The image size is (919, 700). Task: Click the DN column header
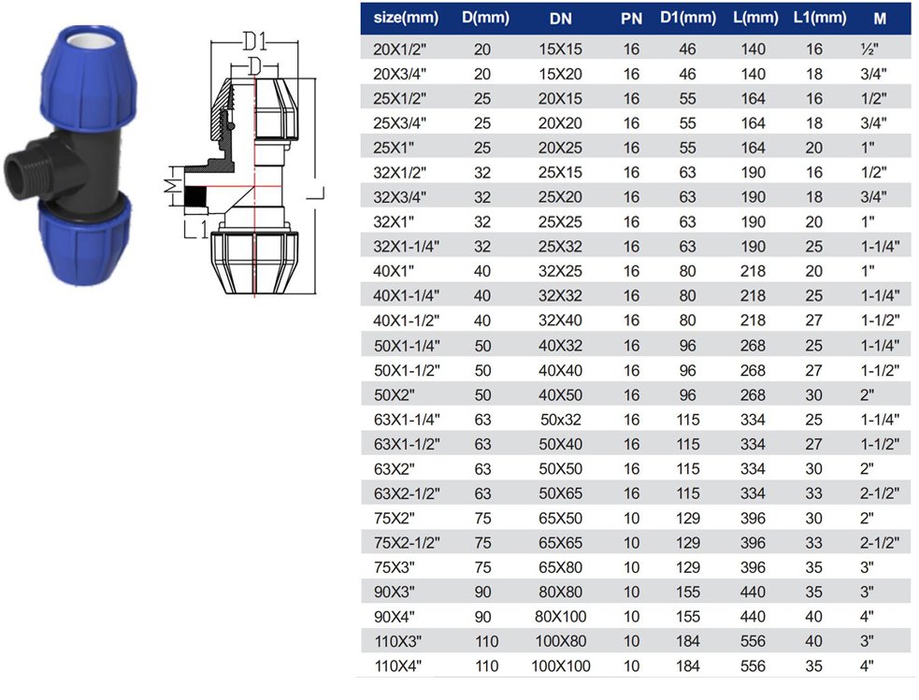pos(560,19)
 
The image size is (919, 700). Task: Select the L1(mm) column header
pos(819,18)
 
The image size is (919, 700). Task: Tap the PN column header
pos(631,19)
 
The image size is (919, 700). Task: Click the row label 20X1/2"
pos(400,50)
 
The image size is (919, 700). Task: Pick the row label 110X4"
pos(398,666)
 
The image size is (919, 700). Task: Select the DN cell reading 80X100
pos(560,616)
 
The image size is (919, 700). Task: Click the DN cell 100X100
pos(560,666)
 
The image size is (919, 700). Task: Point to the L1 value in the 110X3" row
pos(813,641)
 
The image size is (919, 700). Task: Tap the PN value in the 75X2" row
pos(631,518)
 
